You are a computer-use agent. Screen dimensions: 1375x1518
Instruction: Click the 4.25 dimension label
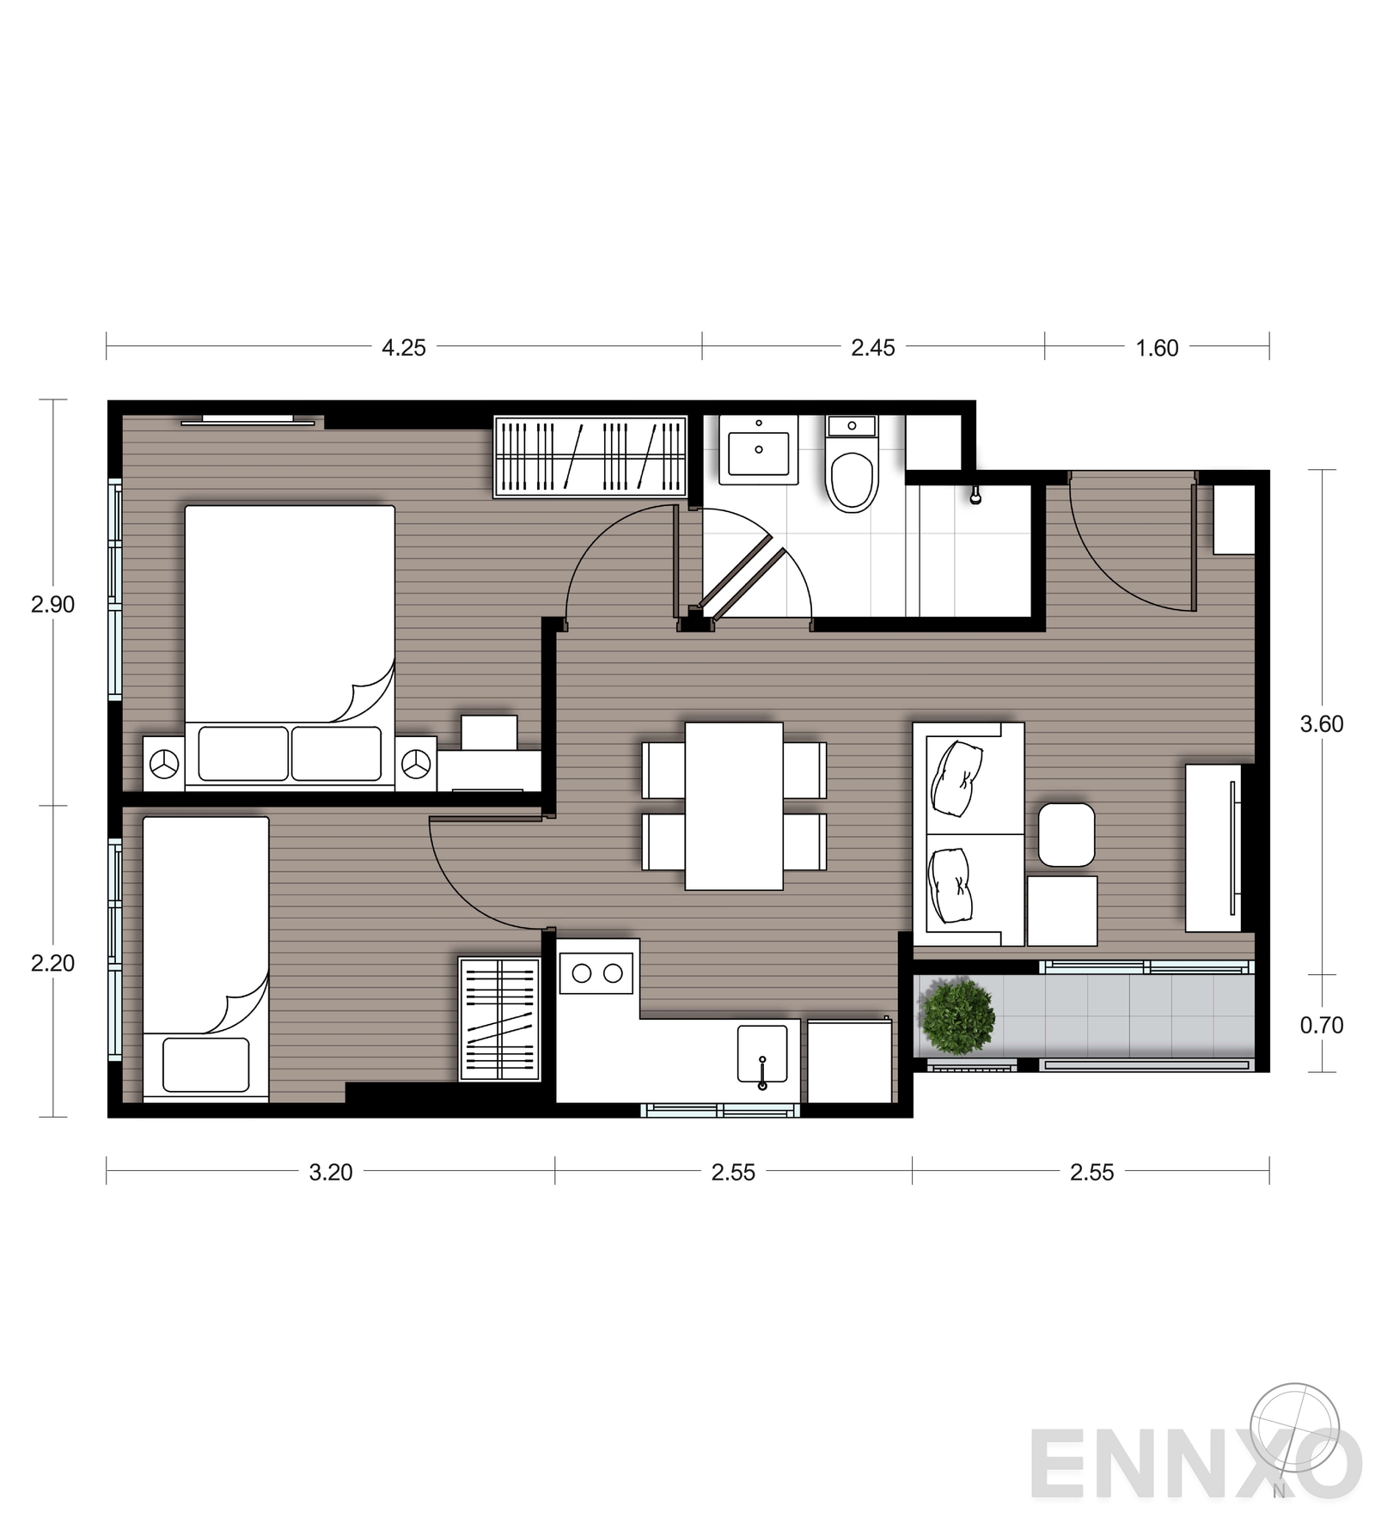404,348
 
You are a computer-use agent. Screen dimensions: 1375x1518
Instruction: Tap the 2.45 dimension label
873,348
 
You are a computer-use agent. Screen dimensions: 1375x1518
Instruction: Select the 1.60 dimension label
1158,348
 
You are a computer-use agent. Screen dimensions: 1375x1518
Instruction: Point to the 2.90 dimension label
53,605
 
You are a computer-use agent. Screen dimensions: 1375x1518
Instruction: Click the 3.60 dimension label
1322,724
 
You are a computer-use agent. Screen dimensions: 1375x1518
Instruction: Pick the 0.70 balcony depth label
1322,1025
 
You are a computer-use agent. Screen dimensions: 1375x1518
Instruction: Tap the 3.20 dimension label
331,1173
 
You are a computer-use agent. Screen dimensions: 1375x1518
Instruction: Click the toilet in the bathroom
852,465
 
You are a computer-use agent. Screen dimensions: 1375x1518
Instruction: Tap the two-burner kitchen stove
597,973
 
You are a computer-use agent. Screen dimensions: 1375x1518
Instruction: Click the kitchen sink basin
762,1053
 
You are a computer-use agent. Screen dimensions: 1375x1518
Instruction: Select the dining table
734,806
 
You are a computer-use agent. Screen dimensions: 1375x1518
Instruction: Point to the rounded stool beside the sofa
1066,834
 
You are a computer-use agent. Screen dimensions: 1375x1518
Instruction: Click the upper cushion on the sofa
956,778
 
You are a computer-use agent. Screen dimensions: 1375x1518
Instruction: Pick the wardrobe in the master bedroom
590,457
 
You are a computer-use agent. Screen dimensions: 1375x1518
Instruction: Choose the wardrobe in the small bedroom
499,1019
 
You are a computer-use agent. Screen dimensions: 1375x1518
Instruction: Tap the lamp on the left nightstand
164,763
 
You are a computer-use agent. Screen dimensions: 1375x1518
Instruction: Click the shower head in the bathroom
975,496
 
